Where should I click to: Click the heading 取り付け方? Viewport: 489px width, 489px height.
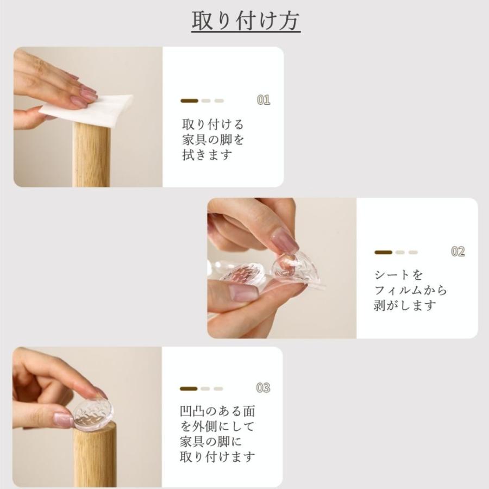(x=246, y=21)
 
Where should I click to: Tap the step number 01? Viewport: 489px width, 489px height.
(x=264, y=100)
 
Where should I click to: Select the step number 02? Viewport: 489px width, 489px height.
(x=458, y=252)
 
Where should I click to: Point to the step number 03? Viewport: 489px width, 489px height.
(x=263, y=387)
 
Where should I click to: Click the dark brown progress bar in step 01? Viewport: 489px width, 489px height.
(x=189, y=101)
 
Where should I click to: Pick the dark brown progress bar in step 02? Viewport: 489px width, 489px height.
(x=383, y=252)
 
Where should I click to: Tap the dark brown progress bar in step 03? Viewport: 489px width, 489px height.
(x=189, y=388)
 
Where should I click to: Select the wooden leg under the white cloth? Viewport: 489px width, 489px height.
(x=91, y=155)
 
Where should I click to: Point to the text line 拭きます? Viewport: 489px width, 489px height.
(x=208, y=155)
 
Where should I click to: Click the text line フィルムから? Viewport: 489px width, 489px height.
(x=411, y=290)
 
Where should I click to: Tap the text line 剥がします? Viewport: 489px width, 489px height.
(x=405, y=305)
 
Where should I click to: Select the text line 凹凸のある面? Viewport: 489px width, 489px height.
(x=218, y=411)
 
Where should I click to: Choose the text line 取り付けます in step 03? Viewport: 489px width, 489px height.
(x=218, y=457)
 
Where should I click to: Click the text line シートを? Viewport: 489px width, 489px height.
(x=399, y=275)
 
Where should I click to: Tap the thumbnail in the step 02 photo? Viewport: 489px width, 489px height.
(x=282, y=268)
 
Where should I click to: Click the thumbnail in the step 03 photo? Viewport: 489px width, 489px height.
(x=87, y=417)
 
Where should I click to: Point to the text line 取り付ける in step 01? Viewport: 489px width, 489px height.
(x=213, y=124)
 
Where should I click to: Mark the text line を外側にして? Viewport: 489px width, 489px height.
(x=217, y=427)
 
